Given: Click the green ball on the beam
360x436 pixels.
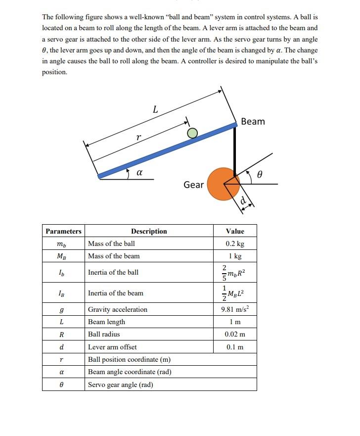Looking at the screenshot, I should [192, 133].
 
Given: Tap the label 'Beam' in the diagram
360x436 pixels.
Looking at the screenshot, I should [253, 122].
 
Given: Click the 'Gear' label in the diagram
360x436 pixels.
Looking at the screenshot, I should [193, 185].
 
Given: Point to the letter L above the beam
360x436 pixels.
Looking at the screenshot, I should [155, 109].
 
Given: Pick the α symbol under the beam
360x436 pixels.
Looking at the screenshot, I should [139, 173].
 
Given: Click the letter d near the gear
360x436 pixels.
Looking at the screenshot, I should [243, 200].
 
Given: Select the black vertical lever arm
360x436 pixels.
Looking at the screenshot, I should [235, 148].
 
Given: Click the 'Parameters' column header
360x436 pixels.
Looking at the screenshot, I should [63, 231].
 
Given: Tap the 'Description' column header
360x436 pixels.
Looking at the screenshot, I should [149, 231].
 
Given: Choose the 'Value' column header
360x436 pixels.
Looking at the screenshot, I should [235, 231].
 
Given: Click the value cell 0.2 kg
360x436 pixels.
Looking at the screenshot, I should [235, 243].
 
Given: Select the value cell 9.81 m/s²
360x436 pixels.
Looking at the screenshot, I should [235, 310].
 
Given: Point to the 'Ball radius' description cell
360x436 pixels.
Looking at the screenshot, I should [104, 334].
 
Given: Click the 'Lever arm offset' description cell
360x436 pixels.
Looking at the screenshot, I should [112, 347].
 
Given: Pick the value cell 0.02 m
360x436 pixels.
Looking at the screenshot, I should [235, 334].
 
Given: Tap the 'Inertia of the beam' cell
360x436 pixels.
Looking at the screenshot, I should [116, 293].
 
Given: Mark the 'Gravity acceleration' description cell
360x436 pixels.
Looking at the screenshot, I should [118, 310].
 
